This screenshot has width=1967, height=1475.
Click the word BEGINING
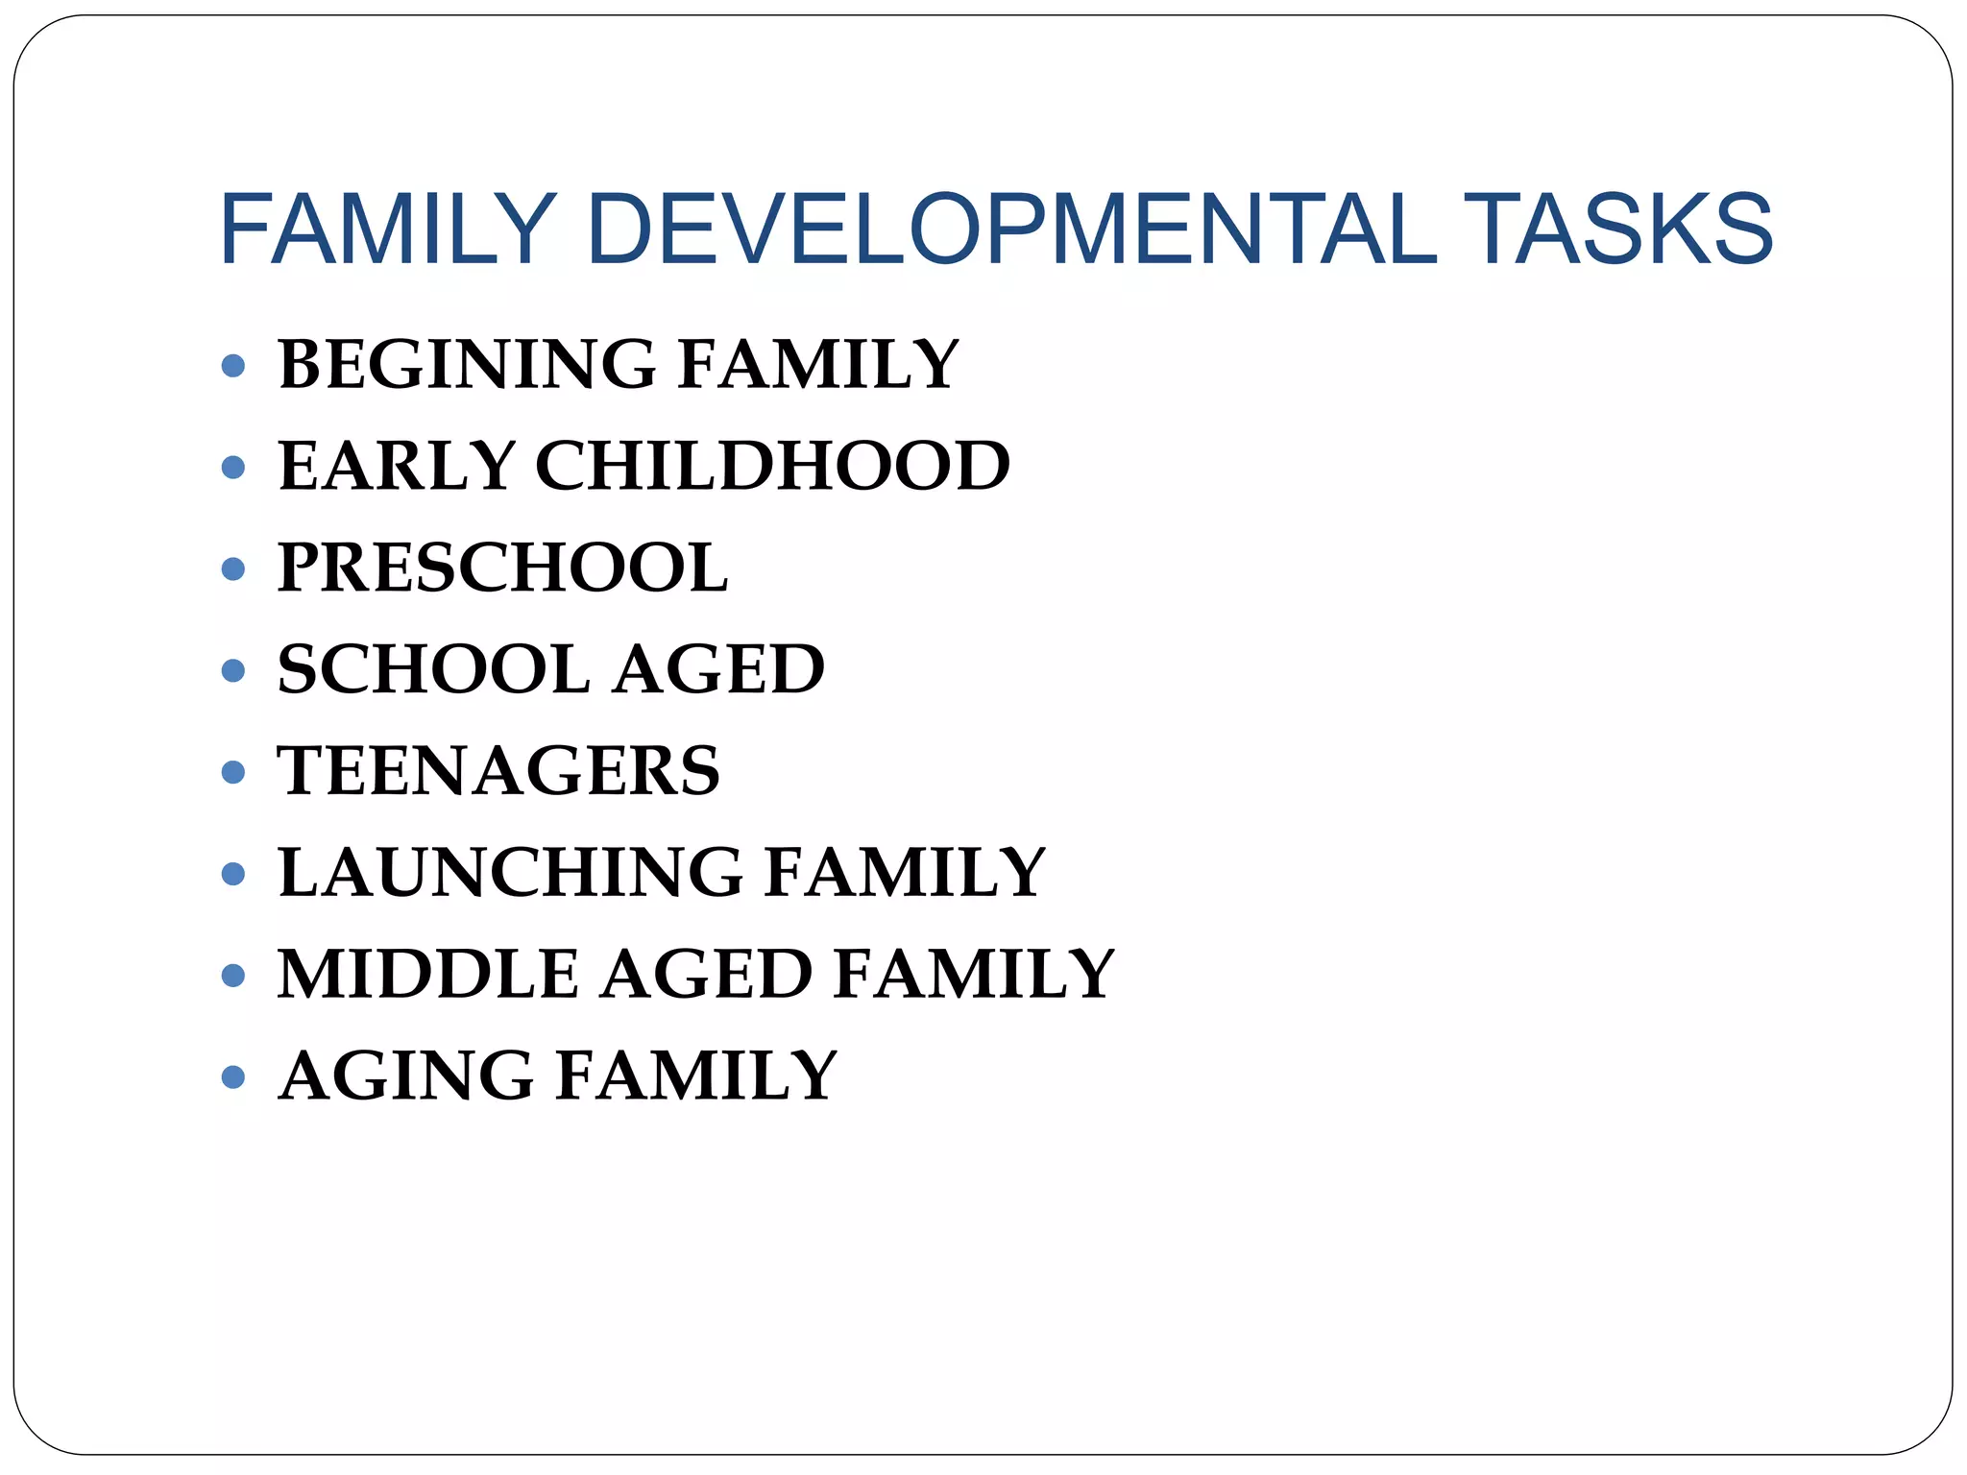(467, 365)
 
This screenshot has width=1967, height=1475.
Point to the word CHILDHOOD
(772, 467)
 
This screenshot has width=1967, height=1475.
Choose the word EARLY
(397, 467)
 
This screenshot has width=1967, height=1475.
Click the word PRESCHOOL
(502, 568)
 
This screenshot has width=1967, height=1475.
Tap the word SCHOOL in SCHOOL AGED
(433, 669)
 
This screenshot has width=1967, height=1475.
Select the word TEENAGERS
(498, 771)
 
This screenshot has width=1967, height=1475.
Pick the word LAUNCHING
(510, 873)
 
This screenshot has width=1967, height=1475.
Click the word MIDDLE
(428, 975)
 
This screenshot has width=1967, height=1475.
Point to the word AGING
(406, 1076)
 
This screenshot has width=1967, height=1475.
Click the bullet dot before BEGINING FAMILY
(232, 366)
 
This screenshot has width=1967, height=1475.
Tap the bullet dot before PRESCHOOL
(232, 569)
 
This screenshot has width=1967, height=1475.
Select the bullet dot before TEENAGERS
(232, 772)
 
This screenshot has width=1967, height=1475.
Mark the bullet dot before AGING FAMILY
(232, 1077)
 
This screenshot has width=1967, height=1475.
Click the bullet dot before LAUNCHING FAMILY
(232, 874)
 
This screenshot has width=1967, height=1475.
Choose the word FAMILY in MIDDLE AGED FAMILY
(974, 975)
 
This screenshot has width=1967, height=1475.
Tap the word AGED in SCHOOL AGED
(718, 669)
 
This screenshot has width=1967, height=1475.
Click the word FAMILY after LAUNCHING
(905, 873)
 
